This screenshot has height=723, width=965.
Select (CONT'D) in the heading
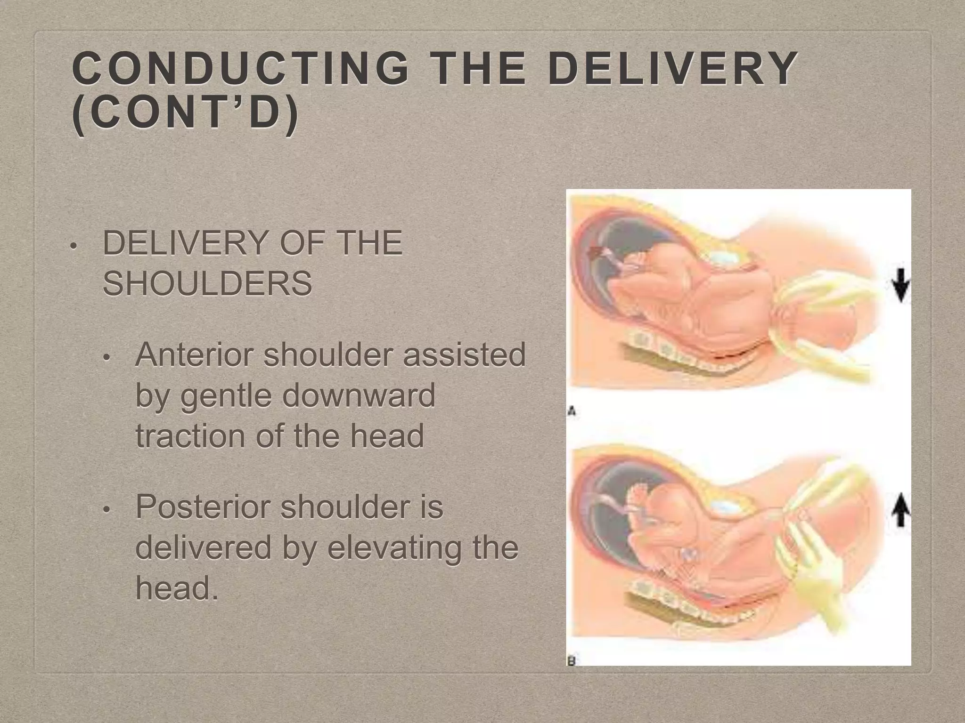point(185,114)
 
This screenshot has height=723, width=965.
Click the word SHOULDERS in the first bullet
point(207,283)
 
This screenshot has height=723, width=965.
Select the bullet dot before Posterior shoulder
point(106,510)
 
